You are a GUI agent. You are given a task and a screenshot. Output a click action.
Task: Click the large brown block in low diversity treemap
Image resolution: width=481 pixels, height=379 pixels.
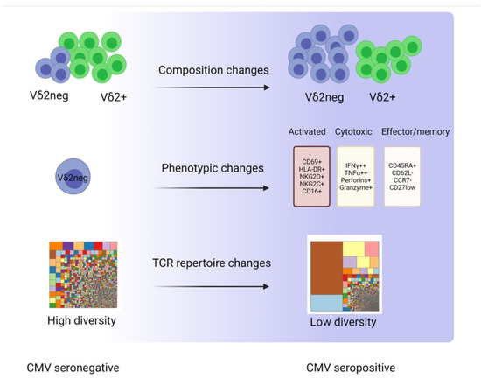click(x=328, y=265)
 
